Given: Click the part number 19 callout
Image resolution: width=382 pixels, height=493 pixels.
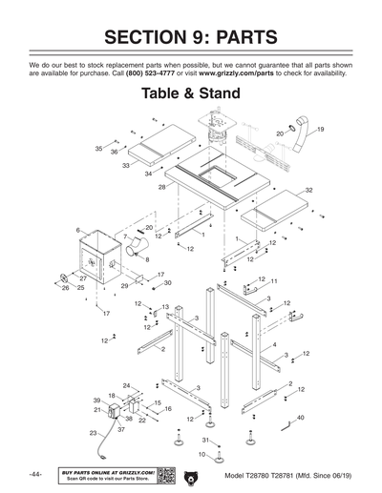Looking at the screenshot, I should [x=321, y=129].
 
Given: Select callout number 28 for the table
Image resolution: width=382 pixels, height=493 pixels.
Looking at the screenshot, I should [x=162, y=188].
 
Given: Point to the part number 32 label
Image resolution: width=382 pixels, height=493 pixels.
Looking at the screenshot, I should [x=309, y=191].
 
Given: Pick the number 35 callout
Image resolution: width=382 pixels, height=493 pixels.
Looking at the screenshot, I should [x=98, y=149].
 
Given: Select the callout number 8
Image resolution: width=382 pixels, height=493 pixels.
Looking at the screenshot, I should [x=146, y=258].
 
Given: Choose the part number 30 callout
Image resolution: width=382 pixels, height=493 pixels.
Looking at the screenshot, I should [x=167, y=283].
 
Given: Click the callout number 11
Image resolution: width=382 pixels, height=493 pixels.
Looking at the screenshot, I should [x=273, y=282].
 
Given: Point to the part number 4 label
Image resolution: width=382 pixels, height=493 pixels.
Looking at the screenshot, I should [x=275, y=345].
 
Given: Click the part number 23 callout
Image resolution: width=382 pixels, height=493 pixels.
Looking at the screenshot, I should [x=93, y=433].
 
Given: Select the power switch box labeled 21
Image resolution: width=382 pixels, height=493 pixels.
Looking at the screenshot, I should [x=116, y=414].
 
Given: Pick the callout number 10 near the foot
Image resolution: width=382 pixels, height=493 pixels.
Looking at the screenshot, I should [x=202, y=455].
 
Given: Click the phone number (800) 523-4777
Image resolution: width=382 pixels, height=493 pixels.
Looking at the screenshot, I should [x=154, y=73].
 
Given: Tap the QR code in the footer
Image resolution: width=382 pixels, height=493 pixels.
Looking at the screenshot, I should [x=165, y=476].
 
